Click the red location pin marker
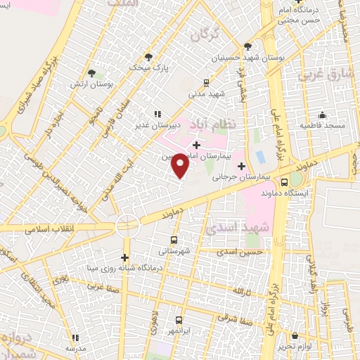pyautogui.click(x=181, y=166)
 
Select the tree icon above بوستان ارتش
pyautogui.click(x=92, y=72)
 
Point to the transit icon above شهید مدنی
pyautogui.click(x=206, y=82)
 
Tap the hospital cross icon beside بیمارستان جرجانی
pyautogui.click(x=243, y=167)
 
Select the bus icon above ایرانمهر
pyautogui.click(x=179, y=320)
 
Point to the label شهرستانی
pyautogui.click(x=172, y=250)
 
